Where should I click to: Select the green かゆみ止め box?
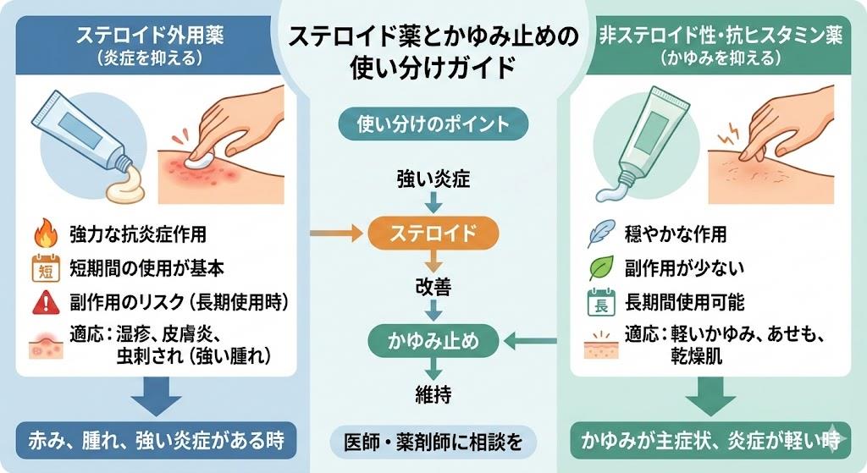433,342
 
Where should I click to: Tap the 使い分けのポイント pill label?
433,124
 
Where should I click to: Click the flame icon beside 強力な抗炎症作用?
43,234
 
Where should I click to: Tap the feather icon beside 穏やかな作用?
599,234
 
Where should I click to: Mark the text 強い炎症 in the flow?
433,179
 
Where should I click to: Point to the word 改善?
433,288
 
